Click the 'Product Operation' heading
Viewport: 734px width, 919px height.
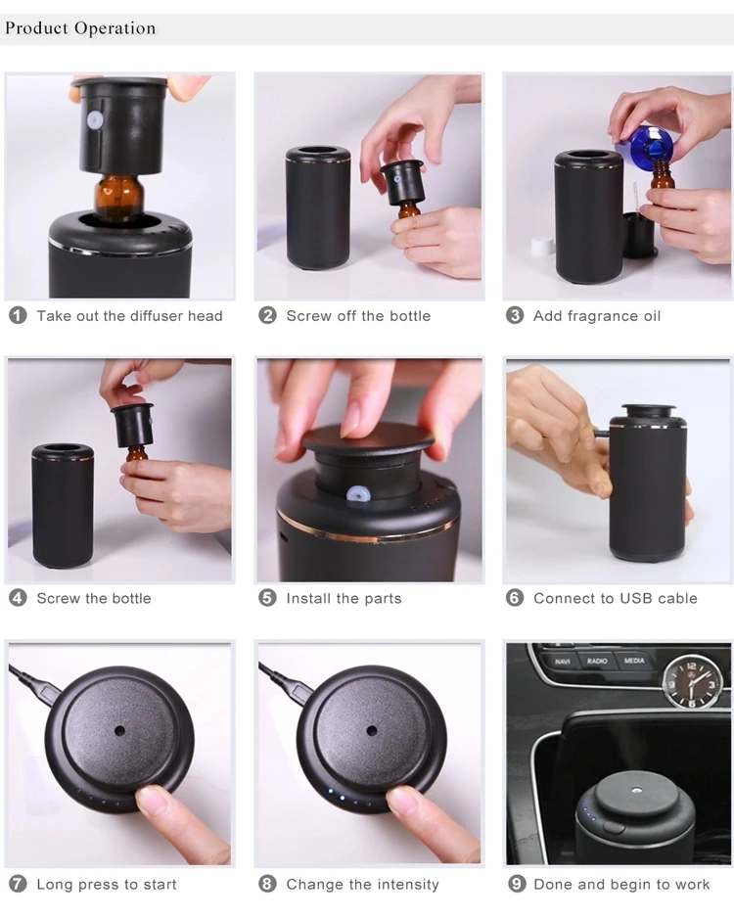coord(80,27)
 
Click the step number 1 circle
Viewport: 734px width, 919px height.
coord(18,315)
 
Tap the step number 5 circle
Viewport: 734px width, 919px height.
coord(267,598)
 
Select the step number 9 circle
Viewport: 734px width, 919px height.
coord(517,884)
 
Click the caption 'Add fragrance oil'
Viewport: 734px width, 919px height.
coord(597,316)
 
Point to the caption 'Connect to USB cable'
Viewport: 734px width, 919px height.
coord(615,598)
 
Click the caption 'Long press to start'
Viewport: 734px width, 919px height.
coord(107,885)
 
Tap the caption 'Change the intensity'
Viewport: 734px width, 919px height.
coord(362,885)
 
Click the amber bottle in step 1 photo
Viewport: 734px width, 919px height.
coord(118,195)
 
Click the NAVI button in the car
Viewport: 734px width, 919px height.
coord(562,662)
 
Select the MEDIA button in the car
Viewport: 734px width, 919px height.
coord(634,662)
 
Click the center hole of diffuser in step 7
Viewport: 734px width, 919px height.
coord(119,730)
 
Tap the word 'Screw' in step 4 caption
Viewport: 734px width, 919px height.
coord(58,598)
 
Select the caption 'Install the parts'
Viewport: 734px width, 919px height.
coord(344,598)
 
